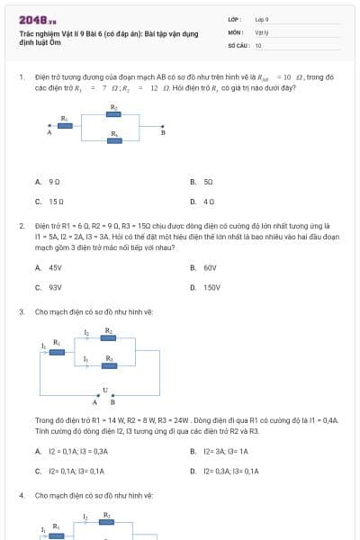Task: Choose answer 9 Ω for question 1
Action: tap(54, 182)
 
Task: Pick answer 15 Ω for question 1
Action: tap(56, 202)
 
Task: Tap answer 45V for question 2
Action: tap(55, 267)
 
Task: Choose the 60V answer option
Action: tap(210, 267)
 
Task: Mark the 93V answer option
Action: tap(55, 287)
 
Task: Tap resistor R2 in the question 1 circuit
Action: tap(114, 114)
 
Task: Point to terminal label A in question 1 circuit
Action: tap(49, 132)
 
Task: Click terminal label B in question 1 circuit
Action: tap(163, 132)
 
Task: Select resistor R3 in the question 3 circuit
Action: tap(108, 365)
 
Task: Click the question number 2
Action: tap(22, 225)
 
